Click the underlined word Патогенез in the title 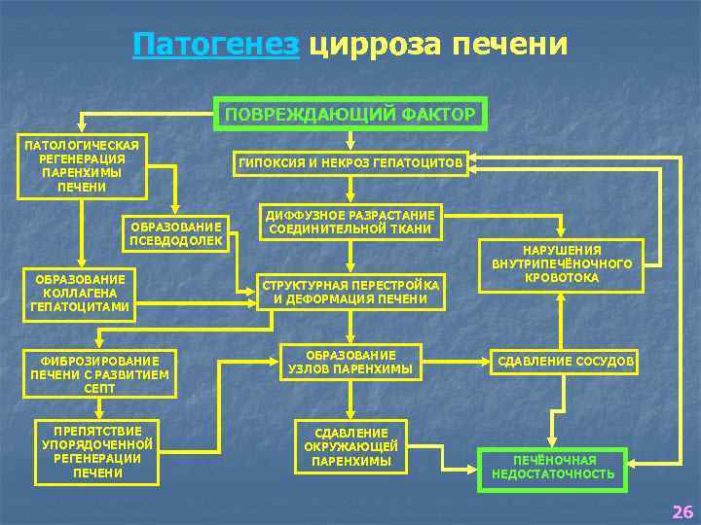coord(216,45)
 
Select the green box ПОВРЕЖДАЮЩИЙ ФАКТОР coord(350,114)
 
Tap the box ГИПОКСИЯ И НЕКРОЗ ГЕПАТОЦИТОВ coord(350,163)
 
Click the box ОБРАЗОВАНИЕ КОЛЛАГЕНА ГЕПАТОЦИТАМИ coord(80,294)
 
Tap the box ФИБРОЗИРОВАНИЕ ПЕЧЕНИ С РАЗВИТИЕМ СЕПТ coord(99,374)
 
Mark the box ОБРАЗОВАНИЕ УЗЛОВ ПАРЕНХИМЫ coord(350,362)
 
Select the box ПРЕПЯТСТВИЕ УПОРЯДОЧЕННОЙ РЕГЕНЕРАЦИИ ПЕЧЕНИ coord(97,451)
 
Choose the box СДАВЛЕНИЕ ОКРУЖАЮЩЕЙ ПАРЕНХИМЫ coord(350,447)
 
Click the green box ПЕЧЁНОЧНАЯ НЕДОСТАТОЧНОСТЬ coord(553,467)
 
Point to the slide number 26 coord(683,511)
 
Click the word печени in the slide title coord(507,45)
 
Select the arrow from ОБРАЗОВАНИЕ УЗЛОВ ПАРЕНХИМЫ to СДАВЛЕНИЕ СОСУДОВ coord(456,362)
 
